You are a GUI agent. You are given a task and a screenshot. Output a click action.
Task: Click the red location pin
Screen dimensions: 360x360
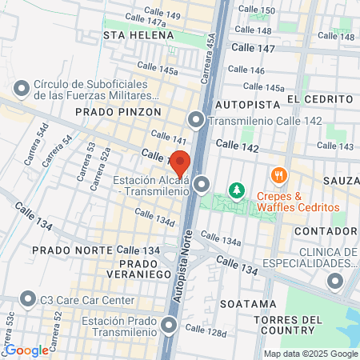[180, 162]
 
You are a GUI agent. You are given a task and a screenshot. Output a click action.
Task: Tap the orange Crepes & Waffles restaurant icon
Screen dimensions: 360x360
[278, 174]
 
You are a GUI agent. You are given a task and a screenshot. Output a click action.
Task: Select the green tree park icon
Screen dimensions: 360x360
[236, 190]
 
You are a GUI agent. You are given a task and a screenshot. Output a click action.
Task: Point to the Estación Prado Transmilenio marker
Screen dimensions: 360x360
[169, 325]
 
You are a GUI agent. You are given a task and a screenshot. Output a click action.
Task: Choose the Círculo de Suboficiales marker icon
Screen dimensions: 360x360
[22, 86]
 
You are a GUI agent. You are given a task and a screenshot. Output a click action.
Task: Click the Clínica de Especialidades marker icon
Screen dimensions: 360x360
[334, 281]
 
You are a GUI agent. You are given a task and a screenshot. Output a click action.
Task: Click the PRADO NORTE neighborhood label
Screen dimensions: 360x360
[68, 250]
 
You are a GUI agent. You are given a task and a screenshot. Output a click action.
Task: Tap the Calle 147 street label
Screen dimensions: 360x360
[252, 49]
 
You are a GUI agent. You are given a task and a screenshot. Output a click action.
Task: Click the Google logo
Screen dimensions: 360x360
[26, 350]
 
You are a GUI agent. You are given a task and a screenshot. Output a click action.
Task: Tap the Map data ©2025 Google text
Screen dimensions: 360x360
[311, 354]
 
